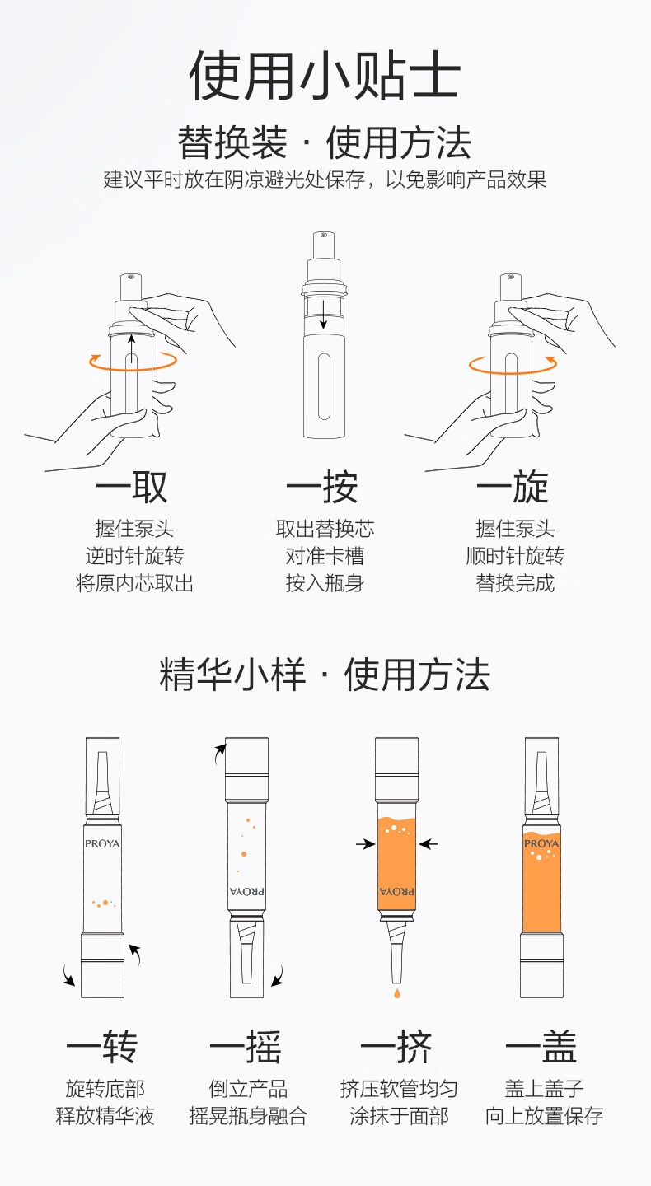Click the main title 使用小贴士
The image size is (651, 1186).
(x=324, y=75)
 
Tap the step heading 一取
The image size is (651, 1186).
(x=131, y=486)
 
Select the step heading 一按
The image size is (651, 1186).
(x=322, y=486)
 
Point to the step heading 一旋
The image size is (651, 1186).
(x=513, y=486)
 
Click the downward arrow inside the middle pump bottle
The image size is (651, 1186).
(x=323, y=315)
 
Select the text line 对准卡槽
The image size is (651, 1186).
(x=325, y=556)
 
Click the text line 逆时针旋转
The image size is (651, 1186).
(x=134, y=556)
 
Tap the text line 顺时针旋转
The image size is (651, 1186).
(x=515, y=556)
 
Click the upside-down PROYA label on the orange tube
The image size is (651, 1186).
(x=396, y=891)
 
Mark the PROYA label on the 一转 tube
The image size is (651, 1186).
(x=102, y=843)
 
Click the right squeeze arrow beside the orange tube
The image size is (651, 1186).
(x=429, y=844)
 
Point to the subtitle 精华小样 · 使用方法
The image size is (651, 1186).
(x=324, y=675)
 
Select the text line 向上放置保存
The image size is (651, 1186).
(x=544, y=1116)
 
